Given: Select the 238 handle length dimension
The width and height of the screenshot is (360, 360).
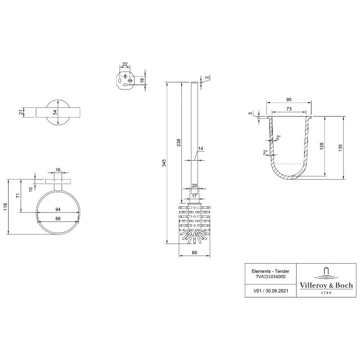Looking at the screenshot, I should [x=179, y=142].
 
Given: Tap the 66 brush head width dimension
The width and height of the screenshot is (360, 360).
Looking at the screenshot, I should [x=194, y=253].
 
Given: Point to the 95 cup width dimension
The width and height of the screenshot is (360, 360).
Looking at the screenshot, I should [x=288, y=99].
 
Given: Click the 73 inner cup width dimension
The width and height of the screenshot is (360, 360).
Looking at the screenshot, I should [x=288, y=110].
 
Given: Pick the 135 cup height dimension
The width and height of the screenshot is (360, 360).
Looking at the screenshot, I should [x=341, y=147].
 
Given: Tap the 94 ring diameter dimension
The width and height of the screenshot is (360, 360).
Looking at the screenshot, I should [x=58, y=209].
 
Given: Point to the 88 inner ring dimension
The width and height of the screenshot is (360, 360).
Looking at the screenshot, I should [x=58, y=219].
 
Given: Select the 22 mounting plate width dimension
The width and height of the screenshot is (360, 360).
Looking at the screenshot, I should [x=125, y=65].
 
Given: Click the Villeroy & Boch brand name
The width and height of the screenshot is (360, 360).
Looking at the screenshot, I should [x=326, y=285].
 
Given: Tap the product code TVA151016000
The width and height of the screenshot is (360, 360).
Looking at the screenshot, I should [x=270, y=277].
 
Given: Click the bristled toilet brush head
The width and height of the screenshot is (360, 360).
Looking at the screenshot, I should [x=194, y=222].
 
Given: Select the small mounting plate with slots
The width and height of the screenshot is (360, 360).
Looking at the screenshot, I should [x=125, y=80].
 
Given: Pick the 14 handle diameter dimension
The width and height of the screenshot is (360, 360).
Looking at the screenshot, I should [x=201, y=148].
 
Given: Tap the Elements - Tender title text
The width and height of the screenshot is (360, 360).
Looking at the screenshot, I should [x=270, y=271].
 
